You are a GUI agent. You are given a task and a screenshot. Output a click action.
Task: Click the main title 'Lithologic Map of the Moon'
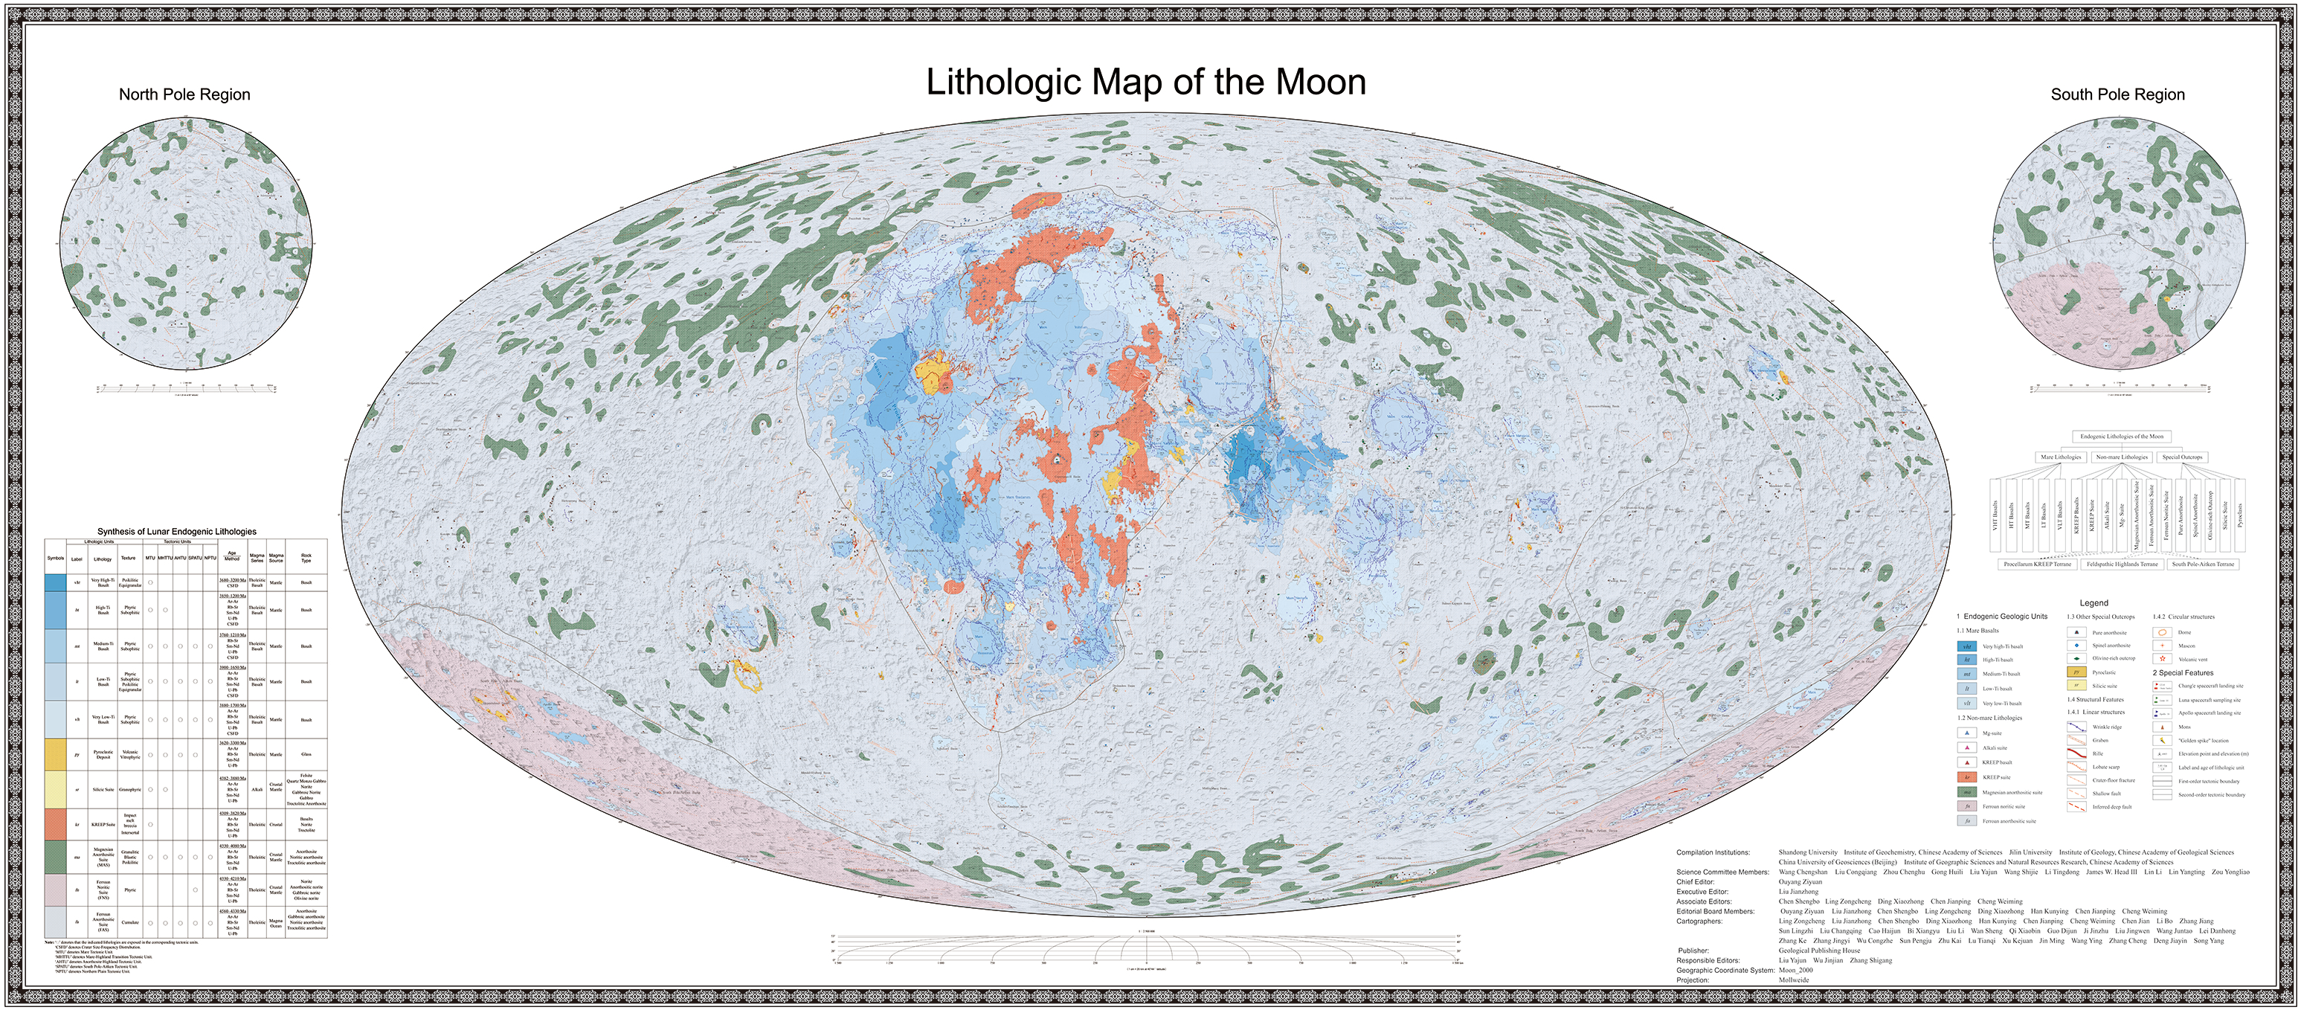click(x=1145, y=82)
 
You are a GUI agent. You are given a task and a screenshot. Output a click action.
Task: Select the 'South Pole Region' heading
click(x=2117, y=94)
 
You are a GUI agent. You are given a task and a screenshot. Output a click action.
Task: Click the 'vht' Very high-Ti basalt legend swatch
click(x=1966, y=646)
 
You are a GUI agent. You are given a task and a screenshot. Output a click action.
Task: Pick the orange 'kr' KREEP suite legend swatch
click(x=1966, y=778)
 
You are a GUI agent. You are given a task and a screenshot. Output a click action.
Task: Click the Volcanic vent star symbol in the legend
click(x=2163, y=659)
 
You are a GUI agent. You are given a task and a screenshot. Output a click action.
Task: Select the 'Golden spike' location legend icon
click(x=2163, y=740)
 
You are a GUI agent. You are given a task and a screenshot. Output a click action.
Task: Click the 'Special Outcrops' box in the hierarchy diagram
click(x=2181, y=457)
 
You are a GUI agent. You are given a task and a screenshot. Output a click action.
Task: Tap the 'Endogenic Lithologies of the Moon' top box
click(x=2122, y=437)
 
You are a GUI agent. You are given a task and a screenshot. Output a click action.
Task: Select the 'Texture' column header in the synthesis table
click(x=129, y=558)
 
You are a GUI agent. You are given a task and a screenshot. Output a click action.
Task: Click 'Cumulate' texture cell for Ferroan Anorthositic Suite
click(x=130, y=922)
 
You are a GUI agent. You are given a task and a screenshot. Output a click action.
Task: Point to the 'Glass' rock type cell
click(x=306, y=755)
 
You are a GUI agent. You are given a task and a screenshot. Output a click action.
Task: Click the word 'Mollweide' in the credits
click(x=1794, y=980)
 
